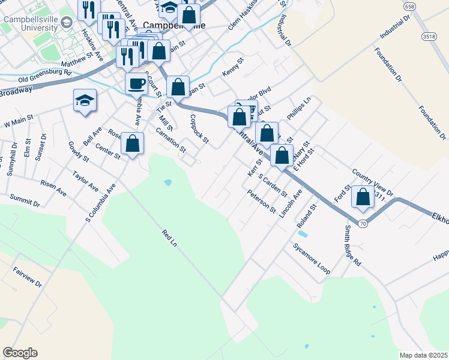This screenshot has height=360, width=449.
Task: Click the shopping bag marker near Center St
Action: point(133,143)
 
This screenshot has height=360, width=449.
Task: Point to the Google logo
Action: point(20,353)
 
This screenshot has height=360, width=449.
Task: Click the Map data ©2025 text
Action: point(423,355)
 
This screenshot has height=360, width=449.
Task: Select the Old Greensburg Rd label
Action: point(44,77)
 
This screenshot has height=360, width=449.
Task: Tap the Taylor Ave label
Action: point(85,181)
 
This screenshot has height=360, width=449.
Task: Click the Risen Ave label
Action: point(53,188)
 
